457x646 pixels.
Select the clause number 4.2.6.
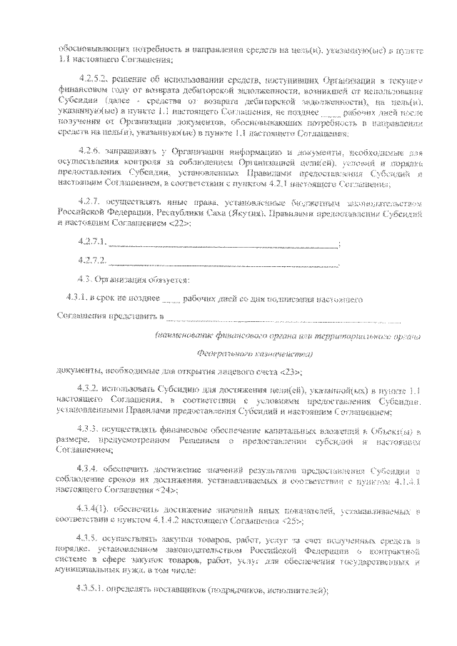point(91,154)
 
